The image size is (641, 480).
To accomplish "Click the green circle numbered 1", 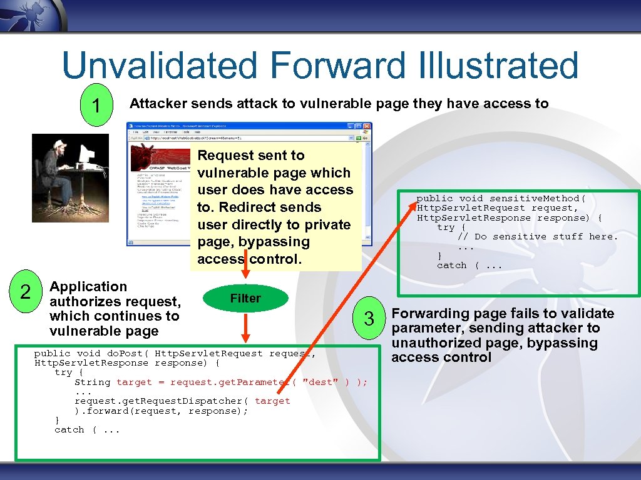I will click(95, 105).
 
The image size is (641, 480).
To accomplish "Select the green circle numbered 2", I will click(26, 292).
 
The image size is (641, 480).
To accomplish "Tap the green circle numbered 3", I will click(369, 319).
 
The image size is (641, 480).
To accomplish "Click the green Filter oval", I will click(245, 299).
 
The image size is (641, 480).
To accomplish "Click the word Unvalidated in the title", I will click(160, 66).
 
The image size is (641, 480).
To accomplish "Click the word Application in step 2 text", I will click(88, 287).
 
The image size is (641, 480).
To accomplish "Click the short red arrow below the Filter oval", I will click(245, 328).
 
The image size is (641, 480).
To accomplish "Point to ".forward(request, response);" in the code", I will click(162, 411).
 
